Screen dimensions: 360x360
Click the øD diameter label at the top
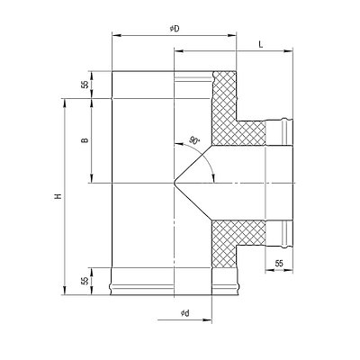coord(175,29)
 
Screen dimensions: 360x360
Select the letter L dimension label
coord(261,45)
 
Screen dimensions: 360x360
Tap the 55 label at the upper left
coord(85,85)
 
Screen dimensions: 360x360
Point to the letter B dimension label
coord(85,140)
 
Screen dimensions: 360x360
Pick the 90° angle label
coord(194,140)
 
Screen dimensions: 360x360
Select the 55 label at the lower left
coord(85,281)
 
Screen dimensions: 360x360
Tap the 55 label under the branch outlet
coord(279,264)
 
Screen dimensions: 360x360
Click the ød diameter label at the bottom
coord(185,313)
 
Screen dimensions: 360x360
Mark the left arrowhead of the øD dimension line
coord(116,36)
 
